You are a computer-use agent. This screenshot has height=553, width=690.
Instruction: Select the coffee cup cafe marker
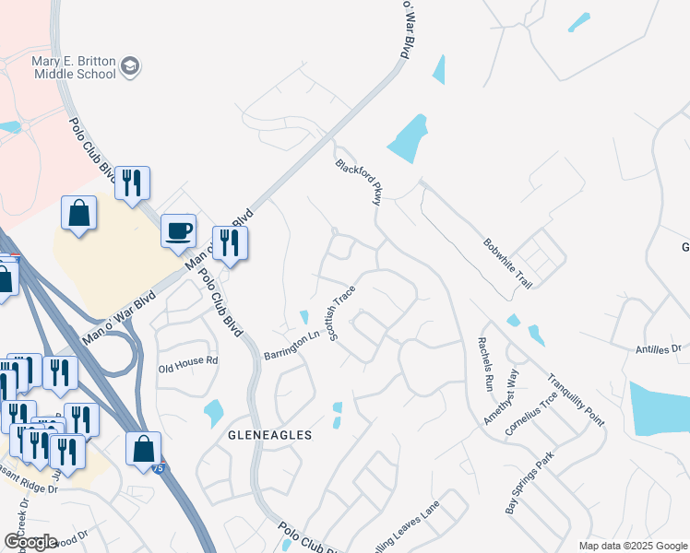coord(178,230)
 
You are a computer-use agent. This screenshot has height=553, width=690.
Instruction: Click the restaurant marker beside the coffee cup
coord(230,243)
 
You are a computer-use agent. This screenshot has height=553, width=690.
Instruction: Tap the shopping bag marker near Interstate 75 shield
coord(143,450)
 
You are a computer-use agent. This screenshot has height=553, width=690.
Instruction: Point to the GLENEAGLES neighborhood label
coord(273,434)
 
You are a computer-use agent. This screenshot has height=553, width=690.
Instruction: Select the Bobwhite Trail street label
coord(506,262)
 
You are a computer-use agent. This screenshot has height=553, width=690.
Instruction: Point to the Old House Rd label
coord(187,360)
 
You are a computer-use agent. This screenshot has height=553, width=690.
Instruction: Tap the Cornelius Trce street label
coord(530,412)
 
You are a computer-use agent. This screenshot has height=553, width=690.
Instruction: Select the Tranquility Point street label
coord(574,398)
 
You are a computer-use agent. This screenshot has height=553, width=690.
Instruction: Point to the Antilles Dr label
coord(657,349)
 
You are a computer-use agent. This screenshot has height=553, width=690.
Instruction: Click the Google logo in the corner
coord(30,542)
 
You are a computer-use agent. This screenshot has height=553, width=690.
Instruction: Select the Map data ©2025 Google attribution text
coord(632,546)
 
